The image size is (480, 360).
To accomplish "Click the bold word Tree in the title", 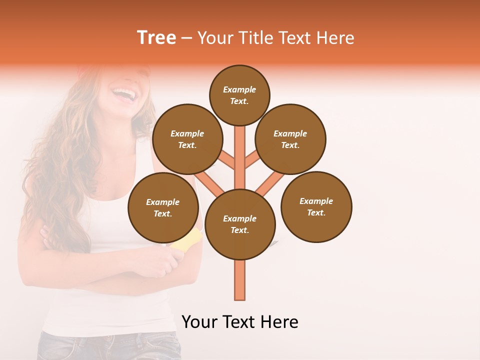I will point(156,37).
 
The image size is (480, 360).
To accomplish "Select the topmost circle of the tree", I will point(239,95).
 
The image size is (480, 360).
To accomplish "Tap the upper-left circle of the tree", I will point(187,139).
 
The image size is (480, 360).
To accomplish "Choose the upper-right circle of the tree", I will point(290,139).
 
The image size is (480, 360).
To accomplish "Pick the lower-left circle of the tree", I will point(163,207).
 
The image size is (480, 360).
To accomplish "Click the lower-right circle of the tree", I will point(316,206).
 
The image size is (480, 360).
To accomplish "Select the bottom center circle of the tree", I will point(240,224).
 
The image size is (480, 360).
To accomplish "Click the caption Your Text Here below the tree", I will point(240,322).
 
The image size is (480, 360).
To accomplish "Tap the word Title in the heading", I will point(256,38).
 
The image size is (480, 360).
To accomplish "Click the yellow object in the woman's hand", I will point(186,239).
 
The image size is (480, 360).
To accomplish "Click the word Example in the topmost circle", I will point(239,89).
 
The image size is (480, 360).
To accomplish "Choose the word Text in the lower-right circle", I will point(315,212).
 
